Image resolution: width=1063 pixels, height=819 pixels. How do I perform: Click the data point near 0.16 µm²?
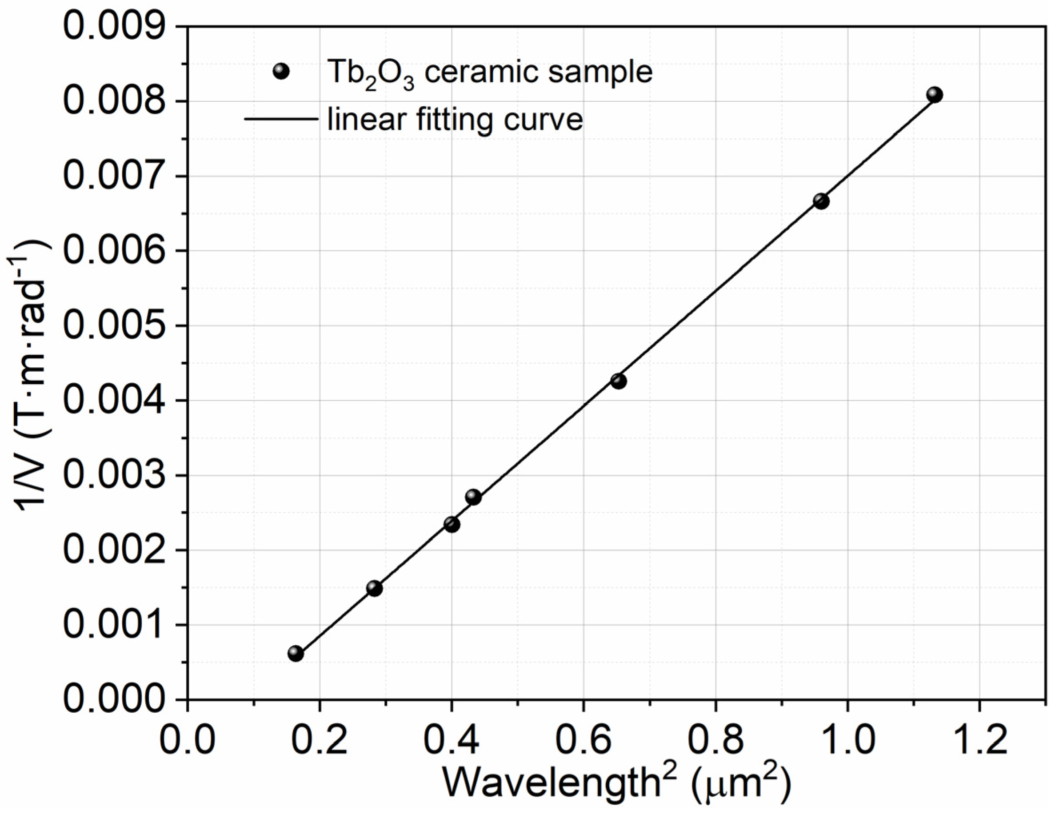tap(296, 654)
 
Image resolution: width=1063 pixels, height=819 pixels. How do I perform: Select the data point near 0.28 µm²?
tap(374, 588)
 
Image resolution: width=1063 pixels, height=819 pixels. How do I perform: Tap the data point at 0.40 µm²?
tap(452, 524)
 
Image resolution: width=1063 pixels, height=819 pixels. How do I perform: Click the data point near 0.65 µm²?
tap(618, 381)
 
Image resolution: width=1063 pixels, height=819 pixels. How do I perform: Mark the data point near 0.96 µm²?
tap(821, 201)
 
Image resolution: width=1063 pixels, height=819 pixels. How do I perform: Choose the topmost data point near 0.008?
tap(934, 94)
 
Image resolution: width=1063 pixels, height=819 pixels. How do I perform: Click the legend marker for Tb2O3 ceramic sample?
tap(281, 72)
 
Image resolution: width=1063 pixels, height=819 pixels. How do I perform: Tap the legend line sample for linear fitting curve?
tap(281, 118)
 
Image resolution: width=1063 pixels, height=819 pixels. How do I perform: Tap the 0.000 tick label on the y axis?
tap(113, 699)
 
